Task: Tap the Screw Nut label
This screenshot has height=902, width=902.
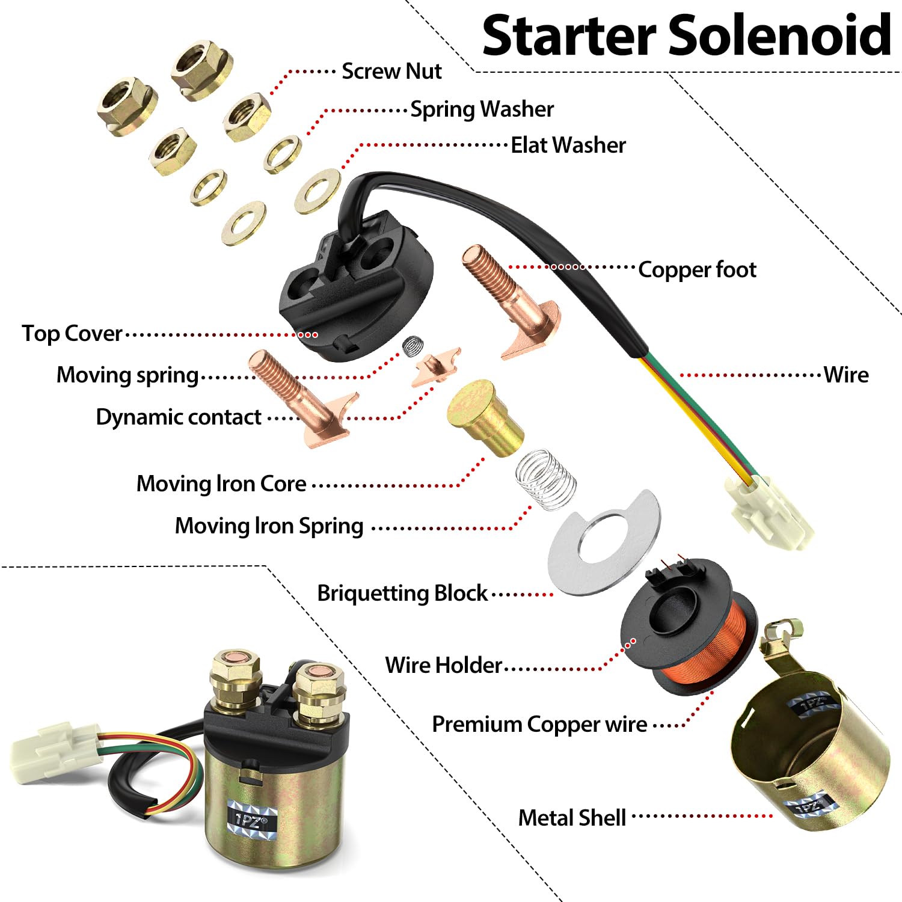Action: pos(391,72)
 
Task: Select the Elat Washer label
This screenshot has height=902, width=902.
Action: pos(568,146)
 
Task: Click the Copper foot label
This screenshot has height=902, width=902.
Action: pos(696,270)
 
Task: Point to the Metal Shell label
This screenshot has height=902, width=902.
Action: pos(572,818)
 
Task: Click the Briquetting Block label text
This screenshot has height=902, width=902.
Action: pos(402,594)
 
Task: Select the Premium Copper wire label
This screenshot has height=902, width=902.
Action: pos(539,725)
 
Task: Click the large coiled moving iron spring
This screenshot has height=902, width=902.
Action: pos(545,479)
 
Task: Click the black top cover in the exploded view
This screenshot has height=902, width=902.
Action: pos(355,289)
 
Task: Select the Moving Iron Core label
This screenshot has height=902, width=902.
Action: pos(221,484)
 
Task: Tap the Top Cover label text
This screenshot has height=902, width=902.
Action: pos(72,334)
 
